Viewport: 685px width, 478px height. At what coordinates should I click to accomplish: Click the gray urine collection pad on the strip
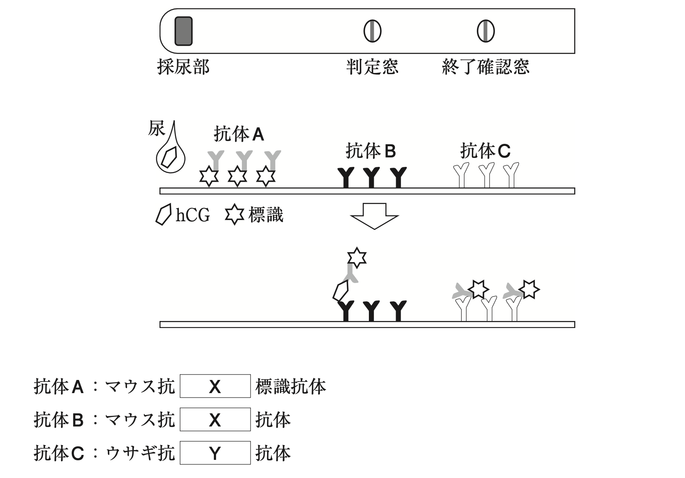(x=183, y=31)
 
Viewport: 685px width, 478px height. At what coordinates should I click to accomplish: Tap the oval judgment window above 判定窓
(x=372, y=31)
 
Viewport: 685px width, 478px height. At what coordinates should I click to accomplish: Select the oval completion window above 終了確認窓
(x=486, y=31)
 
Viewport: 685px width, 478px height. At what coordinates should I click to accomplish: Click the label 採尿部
(x=183, y=67)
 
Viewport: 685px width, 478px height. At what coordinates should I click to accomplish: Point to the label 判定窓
(x=372, y=67)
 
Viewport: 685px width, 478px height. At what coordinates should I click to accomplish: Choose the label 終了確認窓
(x=486, y=67)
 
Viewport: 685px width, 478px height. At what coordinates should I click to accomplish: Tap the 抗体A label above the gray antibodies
(x=239, y=134)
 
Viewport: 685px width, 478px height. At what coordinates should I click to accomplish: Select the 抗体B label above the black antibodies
(x=371, y=151)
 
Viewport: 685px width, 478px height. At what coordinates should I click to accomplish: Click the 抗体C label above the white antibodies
(x=485, y=151)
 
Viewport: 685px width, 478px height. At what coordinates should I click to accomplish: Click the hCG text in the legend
(x=192, y=215)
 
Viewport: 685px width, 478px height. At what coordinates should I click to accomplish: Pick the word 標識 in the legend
(x=266, y=215)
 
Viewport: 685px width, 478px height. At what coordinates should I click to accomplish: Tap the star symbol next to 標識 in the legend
(x=235, y=215)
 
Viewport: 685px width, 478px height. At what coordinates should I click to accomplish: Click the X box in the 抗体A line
(x=215, y=386)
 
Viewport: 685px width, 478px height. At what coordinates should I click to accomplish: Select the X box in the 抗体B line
(x=215, y=419)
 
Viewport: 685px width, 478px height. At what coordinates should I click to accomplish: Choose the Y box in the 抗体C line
(x=215, y=453)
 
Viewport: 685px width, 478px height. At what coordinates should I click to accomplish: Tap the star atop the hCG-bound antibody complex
(x=357, y=258)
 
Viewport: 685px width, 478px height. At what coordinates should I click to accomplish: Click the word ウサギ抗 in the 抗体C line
(x=140, y=453)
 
